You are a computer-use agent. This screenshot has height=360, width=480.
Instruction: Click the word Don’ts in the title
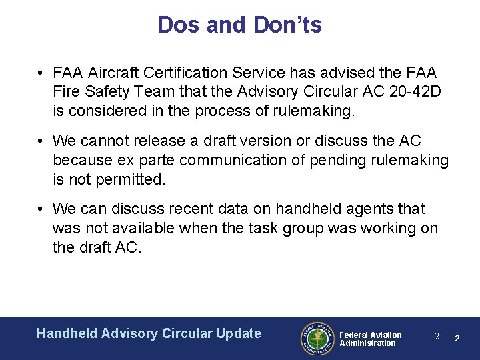[x=288, y=25]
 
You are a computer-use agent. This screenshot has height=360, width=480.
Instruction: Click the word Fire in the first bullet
[x=66, y=91]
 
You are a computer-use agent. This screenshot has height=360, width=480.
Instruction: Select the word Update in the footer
[x=239, y=333]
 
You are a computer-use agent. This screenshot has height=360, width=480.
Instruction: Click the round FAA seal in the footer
[x=316, y=339]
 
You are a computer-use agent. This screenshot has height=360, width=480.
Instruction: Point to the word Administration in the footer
[x=367, y=343]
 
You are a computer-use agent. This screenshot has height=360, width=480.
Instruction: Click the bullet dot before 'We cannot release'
[x=41, y=141]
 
